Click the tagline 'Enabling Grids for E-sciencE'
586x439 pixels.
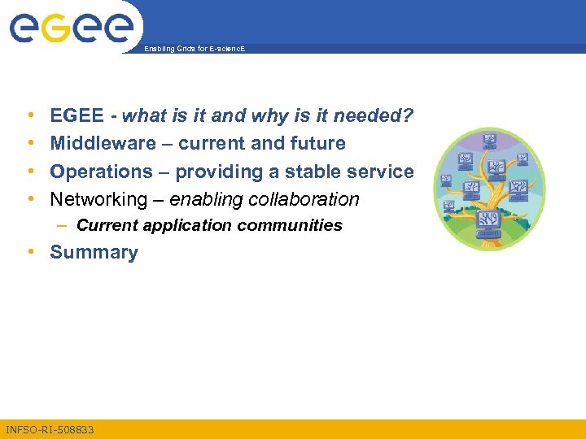coord(194,50)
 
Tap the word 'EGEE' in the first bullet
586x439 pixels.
coord(77,116)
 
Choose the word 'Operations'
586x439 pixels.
coord(101,172)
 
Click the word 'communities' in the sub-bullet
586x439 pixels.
coord(296,225)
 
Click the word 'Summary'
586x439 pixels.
coord(94,252)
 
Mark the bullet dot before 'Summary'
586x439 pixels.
coord(30,252)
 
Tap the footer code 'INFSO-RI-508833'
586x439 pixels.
coord(50,429)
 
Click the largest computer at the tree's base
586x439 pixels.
coord(488,221)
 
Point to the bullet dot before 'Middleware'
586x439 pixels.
coord(30,144)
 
